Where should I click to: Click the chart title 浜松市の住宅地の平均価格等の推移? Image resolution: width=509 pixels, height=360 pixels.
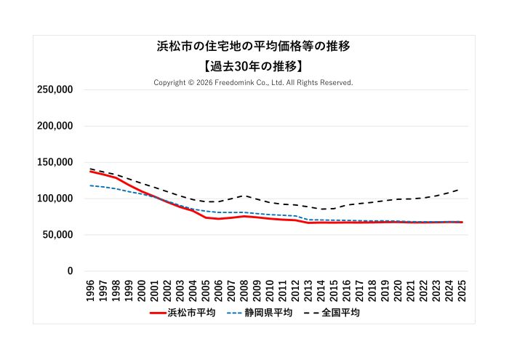pyautogui.click(x=254, y=47)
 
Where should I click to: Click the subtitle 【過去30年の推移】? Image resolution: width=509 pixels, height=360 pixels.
pyautogui.click(x=254, y=65)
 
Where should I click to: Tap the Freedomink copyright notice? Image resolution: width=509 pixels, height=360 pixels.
pyautogui.click(x=254, y=82)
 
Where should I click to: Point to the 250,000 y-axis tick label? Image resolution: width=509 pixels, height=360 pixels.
pyautogui.click(x=55, y=89)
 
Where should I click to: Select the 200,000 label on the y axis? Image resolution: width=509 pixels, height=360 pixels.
pyautogui.click(x=55, y=126)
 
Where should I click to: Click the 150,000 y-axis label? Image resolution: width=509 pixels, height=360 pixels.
pyautogui.click(x=55, y=162)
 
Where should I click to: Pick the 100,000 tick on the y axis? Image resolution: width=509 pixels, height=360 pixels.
pyautogui.click(x=55, y=199)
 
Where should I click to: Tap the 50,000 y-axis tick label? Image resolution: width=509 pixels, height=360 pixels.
pyautogui.click(x=57, y=235)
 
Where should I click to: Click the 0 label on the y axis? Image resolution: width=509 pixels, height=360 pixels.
pyautogui.click(x=70, y=271)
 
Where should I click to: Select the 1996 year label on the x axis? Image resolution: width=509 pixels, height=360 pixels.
pyautogui.click(x=90, y=289)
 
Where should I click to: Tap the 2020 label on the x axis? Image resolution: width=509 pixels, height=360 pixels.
pyautogui.click(x=398, y=289)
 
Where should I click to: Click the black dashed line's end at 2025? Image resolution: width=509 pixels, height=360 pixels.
pyautogui.click(x=461, y=188)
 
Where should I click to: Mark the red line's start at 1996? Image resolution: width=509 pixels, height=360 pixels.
pyautogui.click(x=90, y=171)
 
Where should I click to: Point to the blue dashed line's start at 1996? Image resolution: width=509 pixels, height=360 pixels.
pyautogui.click(x=90, y=185)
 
